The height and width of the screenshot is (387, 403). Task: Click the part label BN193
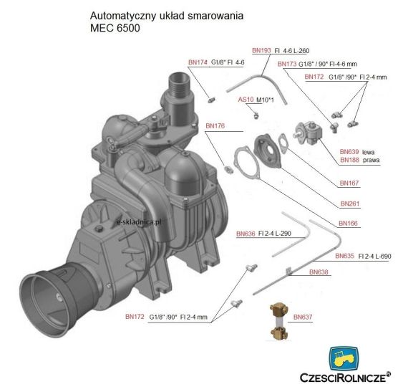pyautogui.click(x=261, y=50)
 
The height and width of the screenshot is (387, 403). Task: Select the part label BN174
pyautogui.click(x=198, y=62)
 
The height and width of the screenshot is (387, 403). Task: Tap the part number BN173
pyautogui.click(x=287, y=64)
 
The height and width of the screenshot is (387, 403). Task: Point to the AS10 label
pyautogui.click(x=246, y=100)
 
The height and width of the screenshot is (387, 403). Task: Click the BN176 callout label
pyautogui.click(x=215, y=126)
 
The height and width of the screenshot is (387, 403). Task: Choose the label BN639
pyautogui.click(x=349, y=152)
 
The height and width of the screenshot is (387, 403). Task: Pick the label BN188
pyautogui.click(x=349, y=160)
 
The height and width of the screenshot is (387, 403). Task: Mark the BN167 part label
pyautogui.click(x=349, y=183)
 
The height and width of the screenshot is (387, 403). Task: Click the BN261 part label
pyautogui.click(x=350, y=204)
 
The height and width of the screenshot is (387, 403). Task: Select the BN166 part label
pyautogui.click(x=349, y=223)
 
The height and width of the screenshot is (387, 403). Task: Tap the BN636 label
pyautogui.click(x=246, y=234)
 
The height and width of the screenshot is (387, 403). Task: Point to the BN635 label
pyautogui.click(x=344, y=256)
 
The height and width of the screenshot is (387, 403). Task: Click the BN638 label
pyautogui.click(x=319, y=272)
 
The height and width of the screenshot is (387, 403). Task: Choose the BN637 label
pyautogui.click(x=303, y=317)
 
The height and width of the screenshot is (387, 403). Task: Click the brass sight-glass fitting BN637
pyautogui.click(x=279, y=321)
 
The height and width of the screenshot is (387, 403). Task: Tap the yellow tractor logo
pyautogui.click(x=344, y=360)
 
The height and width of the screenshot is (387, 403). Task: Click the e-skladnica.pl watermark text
pyautogui.click(x=139, y=221)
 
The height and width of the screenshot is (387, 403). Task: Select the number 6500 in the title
pyautogui.click(x=128, y=28)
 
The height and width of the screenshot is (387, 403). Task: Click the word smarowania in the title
pyautogui.click(x=215, y=16)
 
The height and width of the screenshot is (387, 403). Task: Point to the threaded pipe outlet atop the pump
pyautogui.click(x=179, y=85)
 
